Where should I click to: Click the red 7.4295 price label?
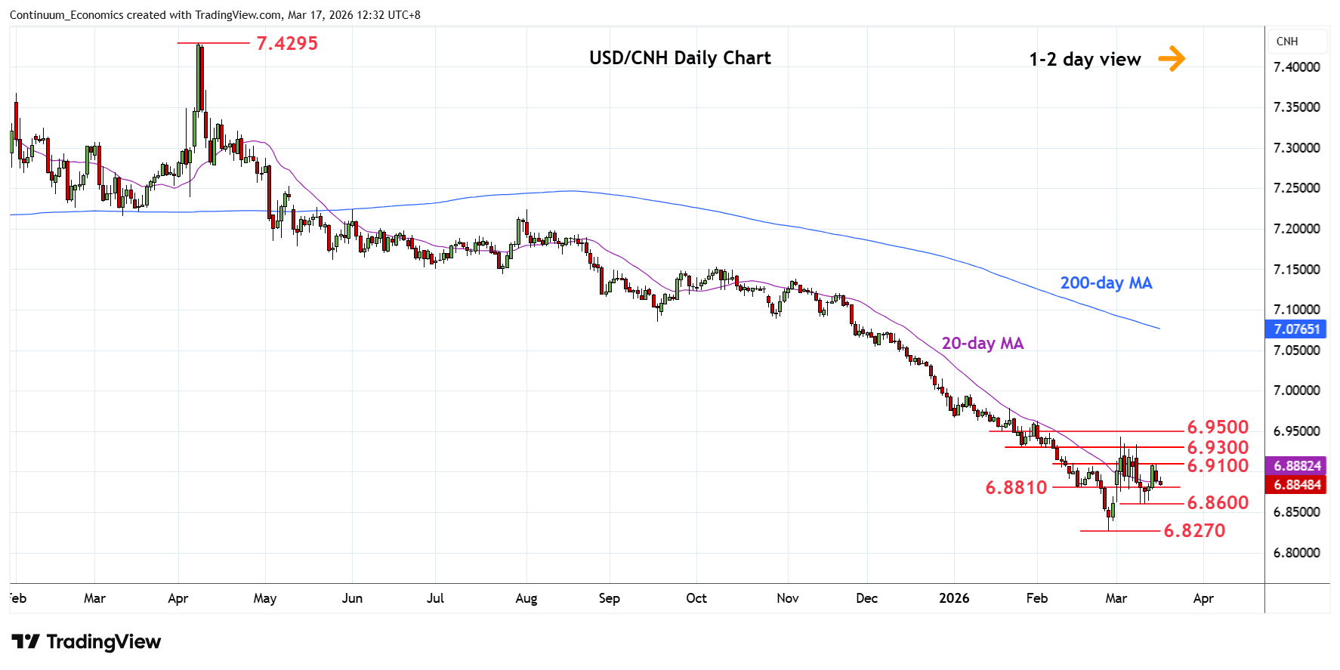[287, 44]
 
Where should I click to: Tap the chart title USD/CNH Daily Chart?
[680, 58]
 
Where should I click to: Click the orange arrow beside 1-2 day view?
[1172, 58]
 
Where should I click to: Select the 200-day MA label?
[1106, 283]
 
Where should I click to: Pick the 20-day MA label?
[982, 344]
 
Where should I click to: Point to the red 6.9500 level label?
[1218, 428]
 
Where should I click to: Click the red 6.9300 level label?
[1218, 448]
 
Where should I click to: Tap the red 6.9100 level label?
[1218, 466]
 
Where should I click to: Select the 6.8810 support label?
[1016, 488]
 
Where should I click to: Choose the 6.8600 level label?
[1218, 503]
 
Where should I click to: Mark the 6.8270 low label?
[1194, 531]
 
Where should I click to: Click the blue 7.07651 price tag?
[1296, 329]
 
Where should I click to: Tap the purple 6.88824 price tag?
[1296, 466]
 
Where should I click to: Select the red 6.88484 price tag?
[1296, 485]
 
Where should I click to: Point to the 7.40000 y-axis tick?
[1296, 67]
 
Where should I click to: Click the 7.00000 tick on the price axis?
[1296, 391]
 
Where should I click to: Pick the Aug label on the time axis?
[526, 598]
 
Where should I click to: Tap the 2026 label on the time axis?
[953, 598]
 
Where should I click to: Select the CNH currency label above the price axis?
[1287, 42]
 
